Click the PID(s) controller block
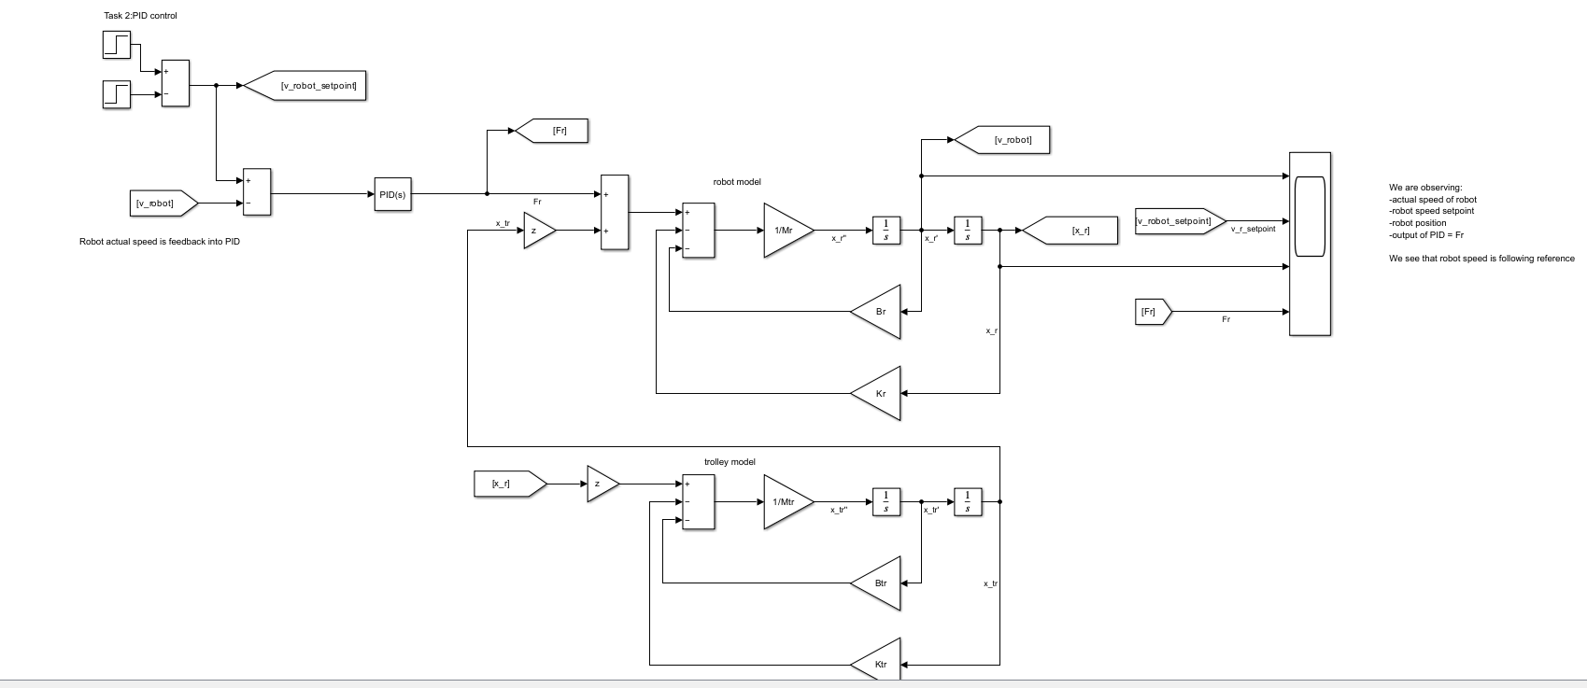[392, 194]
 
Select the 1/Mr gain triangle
[785, 230]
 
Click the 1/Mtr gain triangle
[785, 502]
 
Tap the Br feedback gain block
[879, 312]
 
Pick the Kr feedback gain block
[879, 393]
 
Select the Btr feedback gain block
[879, 583]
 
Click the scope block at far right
[1310, 243]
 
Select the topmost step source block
[117, 44]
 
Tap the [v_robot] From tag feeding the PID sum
[162, 203]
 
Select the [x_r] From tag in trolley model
[506, 484]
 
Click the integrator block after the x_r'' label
[886, 230]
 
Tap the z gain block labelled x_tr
[536, 231]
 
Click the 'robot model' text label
[737, 182]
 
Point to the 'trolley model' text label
[730, 462]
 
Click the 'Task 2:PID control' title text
[140, 16]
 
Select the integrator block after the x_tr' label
[968, 502]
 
